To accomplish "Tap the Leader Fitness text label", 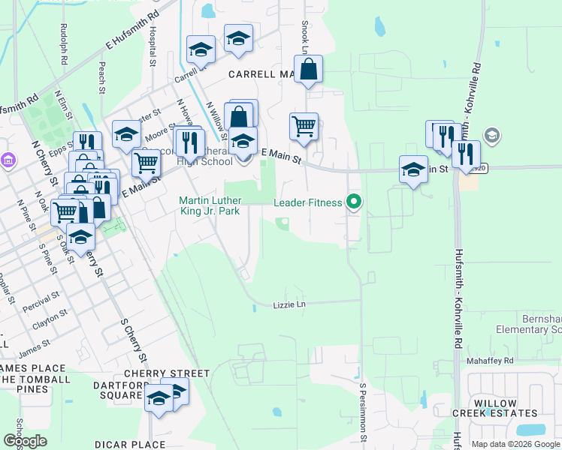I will tap(308, 202).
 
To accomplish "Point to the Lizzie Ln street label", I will tap(289, 305).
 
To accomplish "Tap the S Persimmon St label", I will tap(364, 412).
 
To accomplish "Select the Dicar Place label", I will tap(130, 444).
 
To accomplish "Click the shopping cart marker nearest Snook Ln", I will tap(304, 127).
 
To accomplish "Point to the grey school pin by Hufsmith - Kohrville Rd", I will tap(493, 136).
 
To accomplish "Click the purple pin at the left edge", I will tap(8, 160).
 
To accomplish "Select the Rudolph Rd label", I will tap(62, 46).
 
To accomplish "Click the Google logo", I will tap(25, 440).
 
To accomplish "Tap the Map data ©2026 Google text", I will tap(515, 444).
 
